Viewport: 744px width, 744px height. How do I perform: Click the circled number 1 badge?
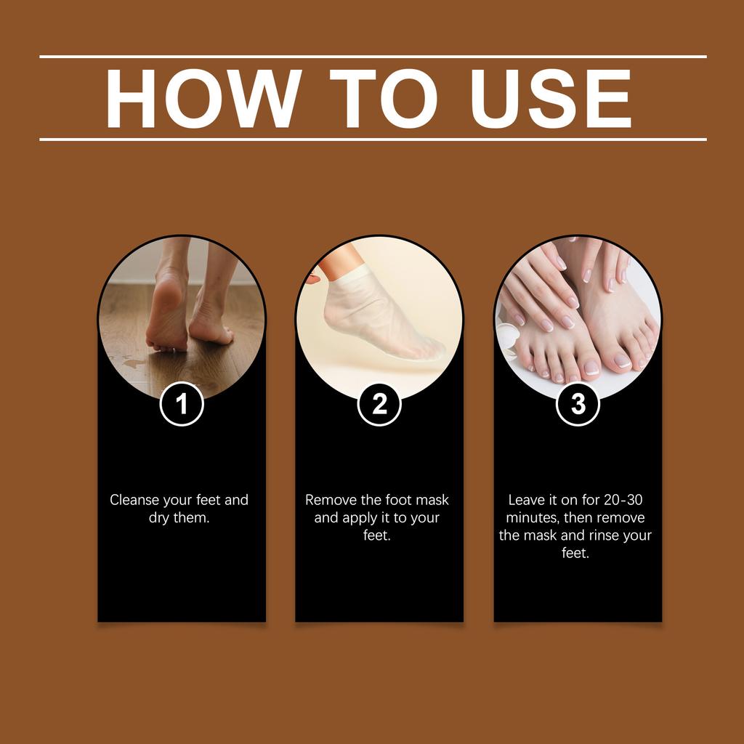[x=181, y=404]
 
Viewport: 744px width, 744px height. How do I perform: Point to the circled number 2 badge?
[x=379, y=404]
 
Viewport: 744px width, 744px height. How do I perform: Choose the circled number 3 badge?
[x=578, y=404]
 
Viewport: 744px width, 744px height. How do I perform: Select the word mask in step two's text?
[x=432, y=500]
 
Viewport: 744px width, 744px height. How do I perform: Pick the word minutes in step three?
[x=533, y=518]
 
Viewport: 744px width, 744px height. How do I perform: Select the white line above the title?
[x=372, y=56]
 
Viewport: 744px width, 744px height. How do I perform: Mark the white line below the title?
[x=372, y=139]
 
